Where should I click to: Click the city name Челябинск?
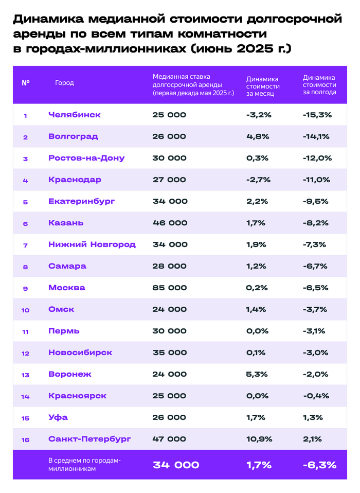point(74,115)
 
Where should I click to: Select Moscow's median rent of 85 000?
point(169,288)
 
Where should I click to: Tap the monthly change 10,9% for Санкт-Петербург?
point(259,439)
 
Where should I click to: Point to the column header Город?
point(64,82)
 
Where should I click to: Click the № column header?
point(25,82)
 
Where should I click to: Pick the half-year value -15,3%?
point(317,115)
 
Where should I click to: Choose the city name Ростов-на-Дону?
point(86,158)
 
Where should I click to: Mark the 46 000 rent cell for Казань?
point(170,223)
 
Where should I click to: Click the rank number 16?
point(25,439)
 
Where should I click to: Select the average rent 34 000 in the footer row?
point(176,465)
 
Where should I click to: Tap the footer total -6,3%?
point(319,465)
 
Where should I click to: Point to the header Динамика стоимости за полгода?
point(319,84)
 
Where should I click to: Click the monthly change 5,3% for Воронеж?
point(257,374)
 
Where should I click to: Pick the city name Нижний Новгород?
point(92,244)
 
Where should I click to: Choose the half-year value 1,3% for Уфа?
point(313,417)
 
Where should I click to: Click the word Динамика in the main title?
point(48,20)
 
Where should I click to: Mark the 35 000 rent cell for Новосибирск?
point(170,353)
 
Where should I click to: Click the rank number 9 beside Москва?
point(25,288)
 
